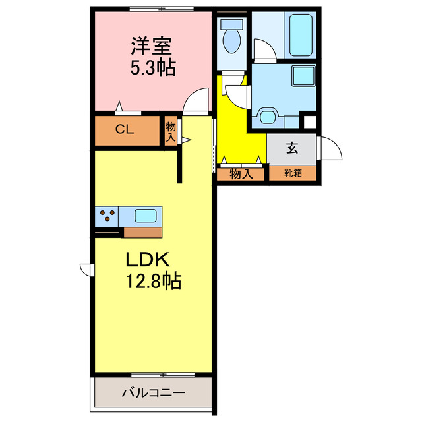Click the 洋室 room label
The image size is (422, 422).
click(x=152, y=46)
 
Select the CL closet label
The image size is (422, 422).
click(x=125, y=129)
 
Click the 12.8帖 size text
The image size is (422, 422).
click(x=154, y=282)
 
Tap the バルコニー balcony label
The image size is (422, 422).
click(x=153, y=393)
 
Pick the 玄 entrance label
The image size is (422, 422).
click(x=291, y=148)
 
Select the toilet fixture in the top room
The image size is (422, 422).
click(x=231, y=38)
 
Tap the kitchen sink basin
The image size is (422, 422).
click(x=146, y=215)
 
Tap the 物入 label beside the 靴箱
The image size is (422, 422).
click(x=241, y=174)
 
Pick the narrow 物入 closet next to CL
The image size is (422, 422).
click(x=171, y=131)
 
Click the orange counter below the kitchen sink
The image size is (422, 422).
click(x=142, y=232)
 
